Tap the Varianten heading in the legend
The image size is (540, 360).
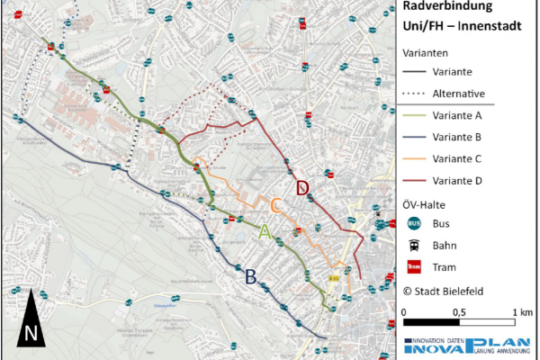[427, 52]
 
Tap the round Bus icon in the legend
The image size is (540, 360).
[415, 223]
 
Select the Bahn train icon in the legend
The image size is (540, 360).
[415, 245]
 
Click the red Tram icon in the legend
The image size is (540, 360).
[415, 266]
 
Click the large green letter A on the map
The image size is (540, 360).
[265, 231]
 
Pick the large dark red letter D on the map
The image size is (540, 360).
[303, 187]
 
